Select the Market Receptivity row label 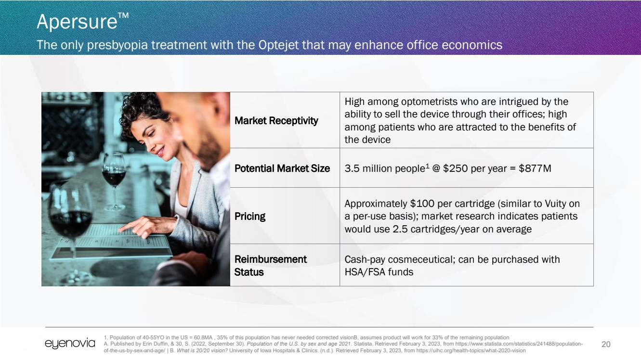click(276, 121)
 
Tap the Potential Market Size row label click(282, 168)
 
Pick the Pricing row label click(250, 217)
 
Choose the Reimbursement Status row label click(271, 266)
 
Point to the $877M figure click(535, 168)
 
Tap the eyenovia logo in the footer click(70, 343)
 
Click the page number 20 click(606, 344)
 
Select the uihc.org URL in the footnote click(471, 350)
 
